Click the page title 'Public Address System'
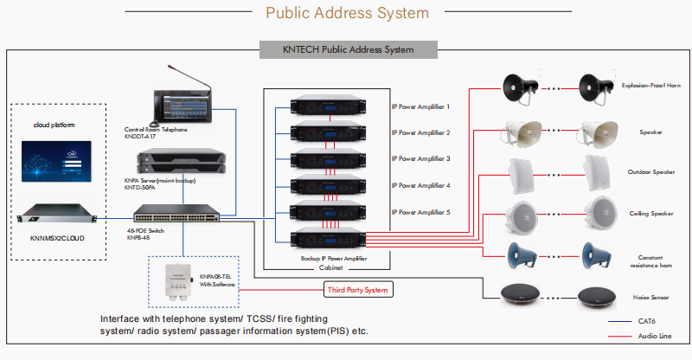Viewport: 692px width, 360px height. coord(346,13)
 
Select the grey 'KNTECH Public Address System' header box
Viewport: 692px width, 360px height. coord(346,49)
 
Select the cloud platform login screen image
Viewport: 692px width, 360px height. coord(58,161)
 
